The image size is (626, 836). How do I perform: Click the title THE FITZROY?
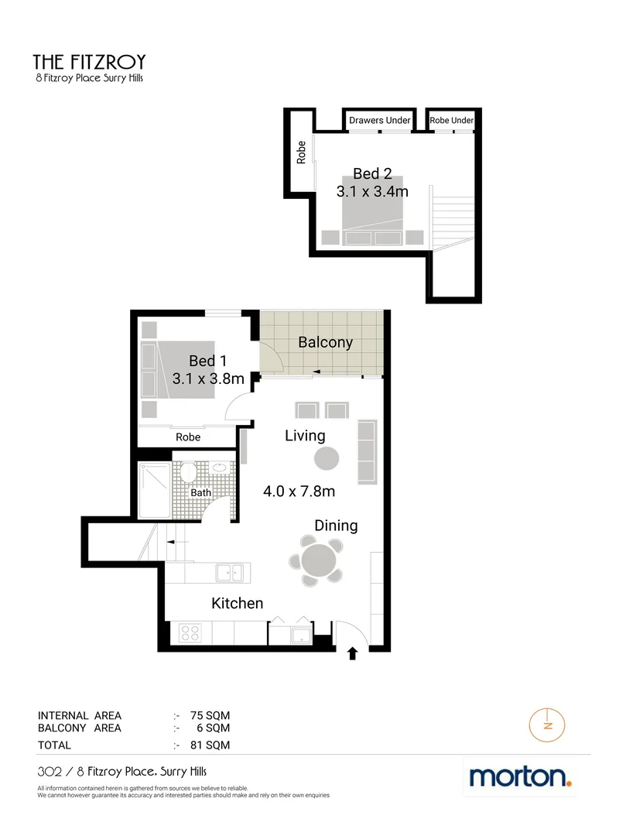point(89,61)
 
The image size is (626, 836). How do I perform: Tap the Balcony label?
point(325,342)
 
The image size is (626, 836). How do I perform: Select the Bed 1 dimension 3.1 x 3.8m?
point(208,379)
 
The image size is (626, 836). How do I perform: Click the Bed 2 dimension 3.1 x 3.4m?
point(372,191)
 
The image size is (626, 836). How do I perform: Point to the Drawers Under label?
point(379,121)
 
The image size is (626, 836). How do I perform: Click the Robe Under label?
point(451,121)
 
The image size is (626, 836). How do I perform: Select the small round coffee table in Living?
point(326,458)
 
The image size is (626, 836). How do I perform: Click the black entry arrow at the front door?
point(353,654)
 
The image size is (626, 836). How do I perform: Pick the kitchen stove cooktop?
point(190,633)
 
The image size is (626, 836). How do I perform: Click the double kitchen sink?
point(230,574)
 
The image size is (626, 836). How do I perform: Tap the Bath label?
point(201,492)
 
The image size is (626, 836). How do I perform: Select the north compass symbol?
point(548,725)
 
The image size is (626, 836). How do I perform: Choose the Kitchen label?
point(238,603)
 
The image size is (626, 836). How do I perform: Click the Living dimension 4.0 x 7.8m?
point(299,491)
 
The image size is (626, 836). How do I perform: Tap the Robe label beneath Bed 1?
point(188,437)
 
